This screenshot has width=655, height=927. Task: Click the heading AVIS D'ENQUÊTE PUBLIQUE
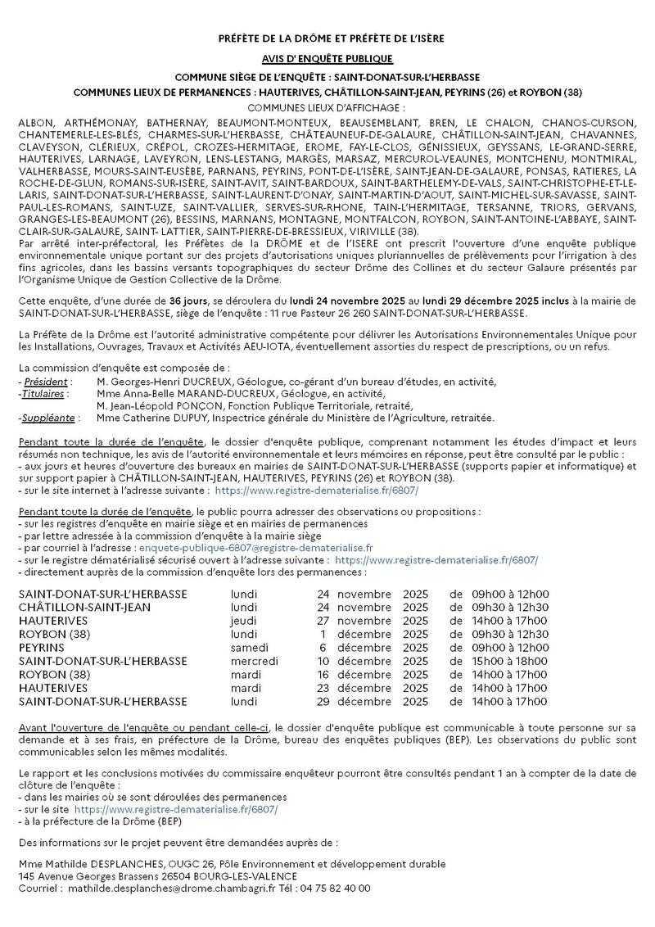click(327, 59)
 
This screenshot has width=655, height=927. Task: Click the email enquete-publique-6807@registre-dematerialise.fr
click(256, 548)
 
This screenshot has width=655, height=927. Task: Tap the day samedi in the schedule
click(250, 648)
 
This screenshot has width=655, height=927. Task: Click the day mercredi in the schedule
click(254, 661)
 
